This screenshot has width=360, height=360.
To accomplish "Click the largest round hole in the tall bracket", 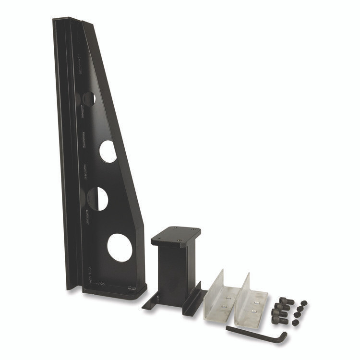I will [120, 247].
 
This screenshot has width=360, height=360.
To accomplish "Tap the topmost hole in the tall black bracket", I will [89, 99].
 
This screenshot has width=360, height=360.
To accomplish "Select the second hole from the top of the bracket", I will [108, 151].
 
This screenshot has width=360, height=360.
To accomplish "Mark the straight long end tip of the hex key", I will [228, 328].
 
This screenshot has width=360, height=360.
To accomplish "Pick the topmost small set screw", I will [303, 303].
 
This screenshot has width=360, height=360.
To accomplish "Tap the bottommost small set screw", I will [295, 323].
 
